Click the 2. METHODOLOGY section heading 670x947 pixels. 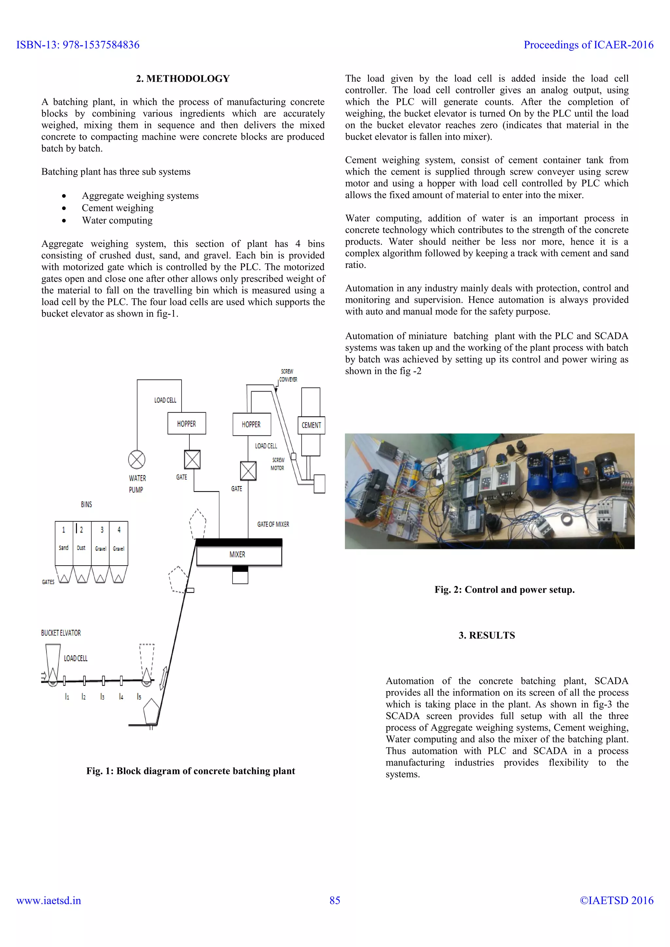click(x=183, y=79)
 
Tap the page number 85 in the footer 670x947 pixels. click(x=335, y=901)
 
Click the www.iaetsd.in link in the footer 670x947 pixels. click(x=49, y=901)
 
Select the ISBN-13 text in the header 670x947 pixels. click(x=78, y=44)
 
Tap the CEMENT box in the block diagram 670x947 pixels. click(x=311, y=425)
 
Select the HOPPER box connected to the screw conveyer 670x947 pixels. click(x=252, y=424)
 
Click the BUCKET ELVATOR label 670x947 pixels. click(x=61, y=633)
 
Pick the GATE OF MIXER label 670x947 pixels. click(x=273, y=524)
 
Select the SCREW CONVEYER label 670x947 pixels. click(x=288, y=375)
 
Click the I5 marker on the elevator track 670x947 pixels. click(x=139, y=697)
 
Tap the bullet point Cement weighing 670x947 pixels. click(x=117, y=208)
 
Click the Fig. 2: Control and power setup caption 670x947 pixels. click(x=504, y=589)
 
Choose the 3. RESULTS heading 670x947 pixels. click(x=487, y=635)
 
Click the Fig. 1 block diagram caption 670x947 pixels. click(x=191, y=771)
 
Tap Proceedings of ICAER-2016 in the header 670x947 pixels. click(x=588, y=44)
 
